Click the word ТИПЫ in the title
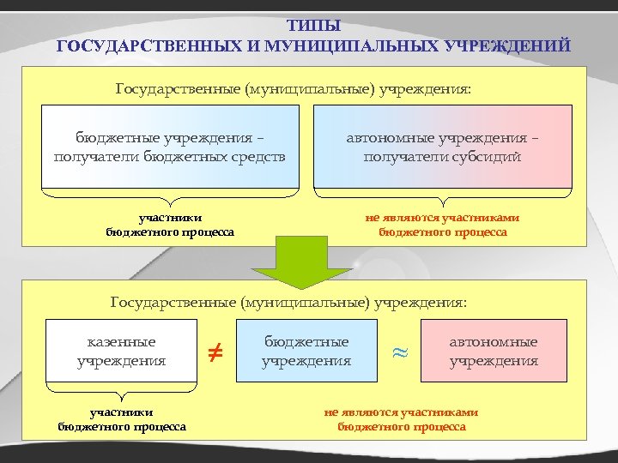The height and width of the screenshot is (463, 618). point(313,26)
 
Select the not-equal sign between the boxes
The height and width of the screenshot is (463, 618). point(216,350)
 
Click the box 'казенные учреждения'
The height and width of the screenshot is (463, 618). point(122,350)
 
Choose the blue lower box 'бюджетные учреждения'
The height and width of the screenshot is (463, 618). point(306,350)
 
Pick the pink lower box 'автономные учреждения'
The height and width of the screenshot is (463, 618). point(494,350)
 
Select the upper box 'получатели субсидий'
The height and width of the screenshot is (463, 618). point(443,147)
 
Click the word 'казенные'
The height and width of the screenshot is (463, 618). point(122,341)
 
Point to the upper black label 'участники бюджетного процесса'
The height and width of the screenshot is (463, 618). point(170,225)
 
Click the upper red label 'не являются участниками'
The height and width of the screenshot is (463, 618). point(442,218)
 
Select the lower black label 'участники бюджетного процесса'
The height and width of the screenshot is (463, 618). point(122,419)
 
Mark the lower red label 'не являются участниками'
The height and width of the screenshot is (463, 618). point(401,412)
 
